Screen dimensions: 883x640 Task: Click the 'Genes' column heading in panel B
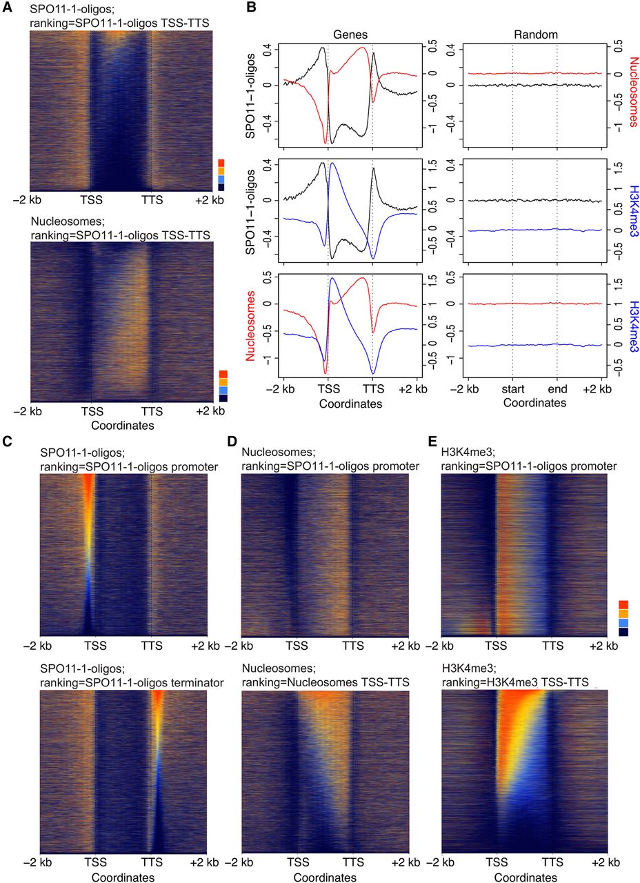350,32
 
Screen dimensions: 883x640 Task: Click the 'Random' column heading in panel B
534,32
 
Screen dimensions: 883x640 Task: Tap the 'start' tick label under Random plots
512,388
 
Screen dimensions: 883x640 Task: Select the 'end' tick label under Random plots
557,388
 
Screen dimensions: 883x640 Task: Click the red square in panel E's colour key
623,605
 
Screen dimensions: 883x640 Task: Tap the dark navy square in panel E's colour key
623,631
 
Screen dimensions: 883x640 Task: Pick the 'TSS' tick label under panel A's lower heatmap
91,412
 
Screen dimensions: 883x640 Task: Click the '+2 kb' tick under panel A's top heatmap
210,200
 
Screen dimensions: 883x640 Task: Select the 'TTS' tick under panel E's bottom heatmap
552,862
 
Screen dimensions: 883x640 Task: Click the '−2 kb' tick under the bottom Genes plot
283,388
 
